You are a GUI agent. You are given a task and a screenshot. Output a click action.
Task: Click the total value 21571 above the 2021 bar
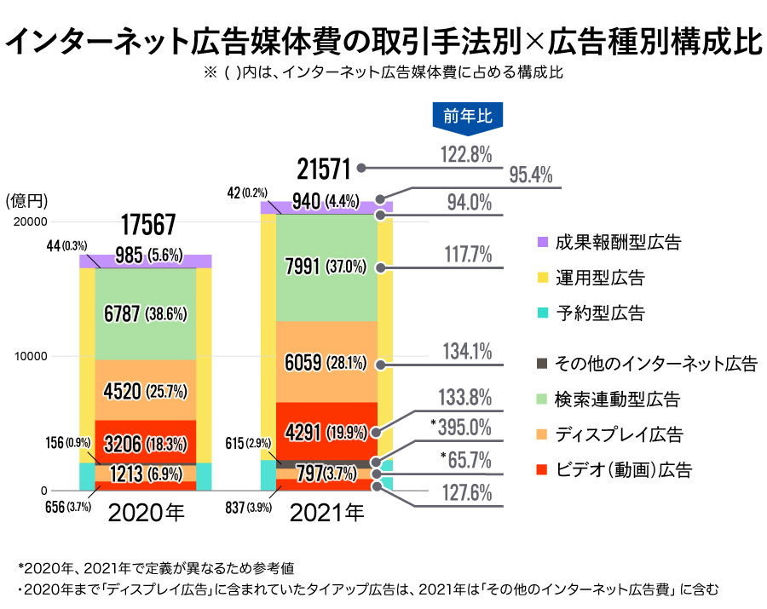point(324,169)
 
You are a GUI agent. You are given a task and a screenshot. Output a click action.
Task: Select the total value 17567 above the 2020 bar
point(147,225)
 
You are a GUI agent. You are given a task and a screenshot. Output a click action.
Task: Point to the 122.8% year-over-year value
point(466,154)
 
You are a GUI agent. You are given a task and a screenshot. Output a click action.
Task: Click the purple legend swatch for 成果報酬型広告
point(542,242)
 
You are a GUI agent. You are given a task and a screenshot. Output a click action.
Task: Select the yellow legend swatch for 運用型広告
point(542,278)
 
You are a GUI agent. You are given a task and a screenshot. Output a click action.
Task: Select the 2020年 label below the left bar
point(146,513)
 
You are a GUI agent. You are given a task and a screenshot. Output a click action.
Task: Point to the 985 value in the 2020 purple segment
point(128,254)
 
